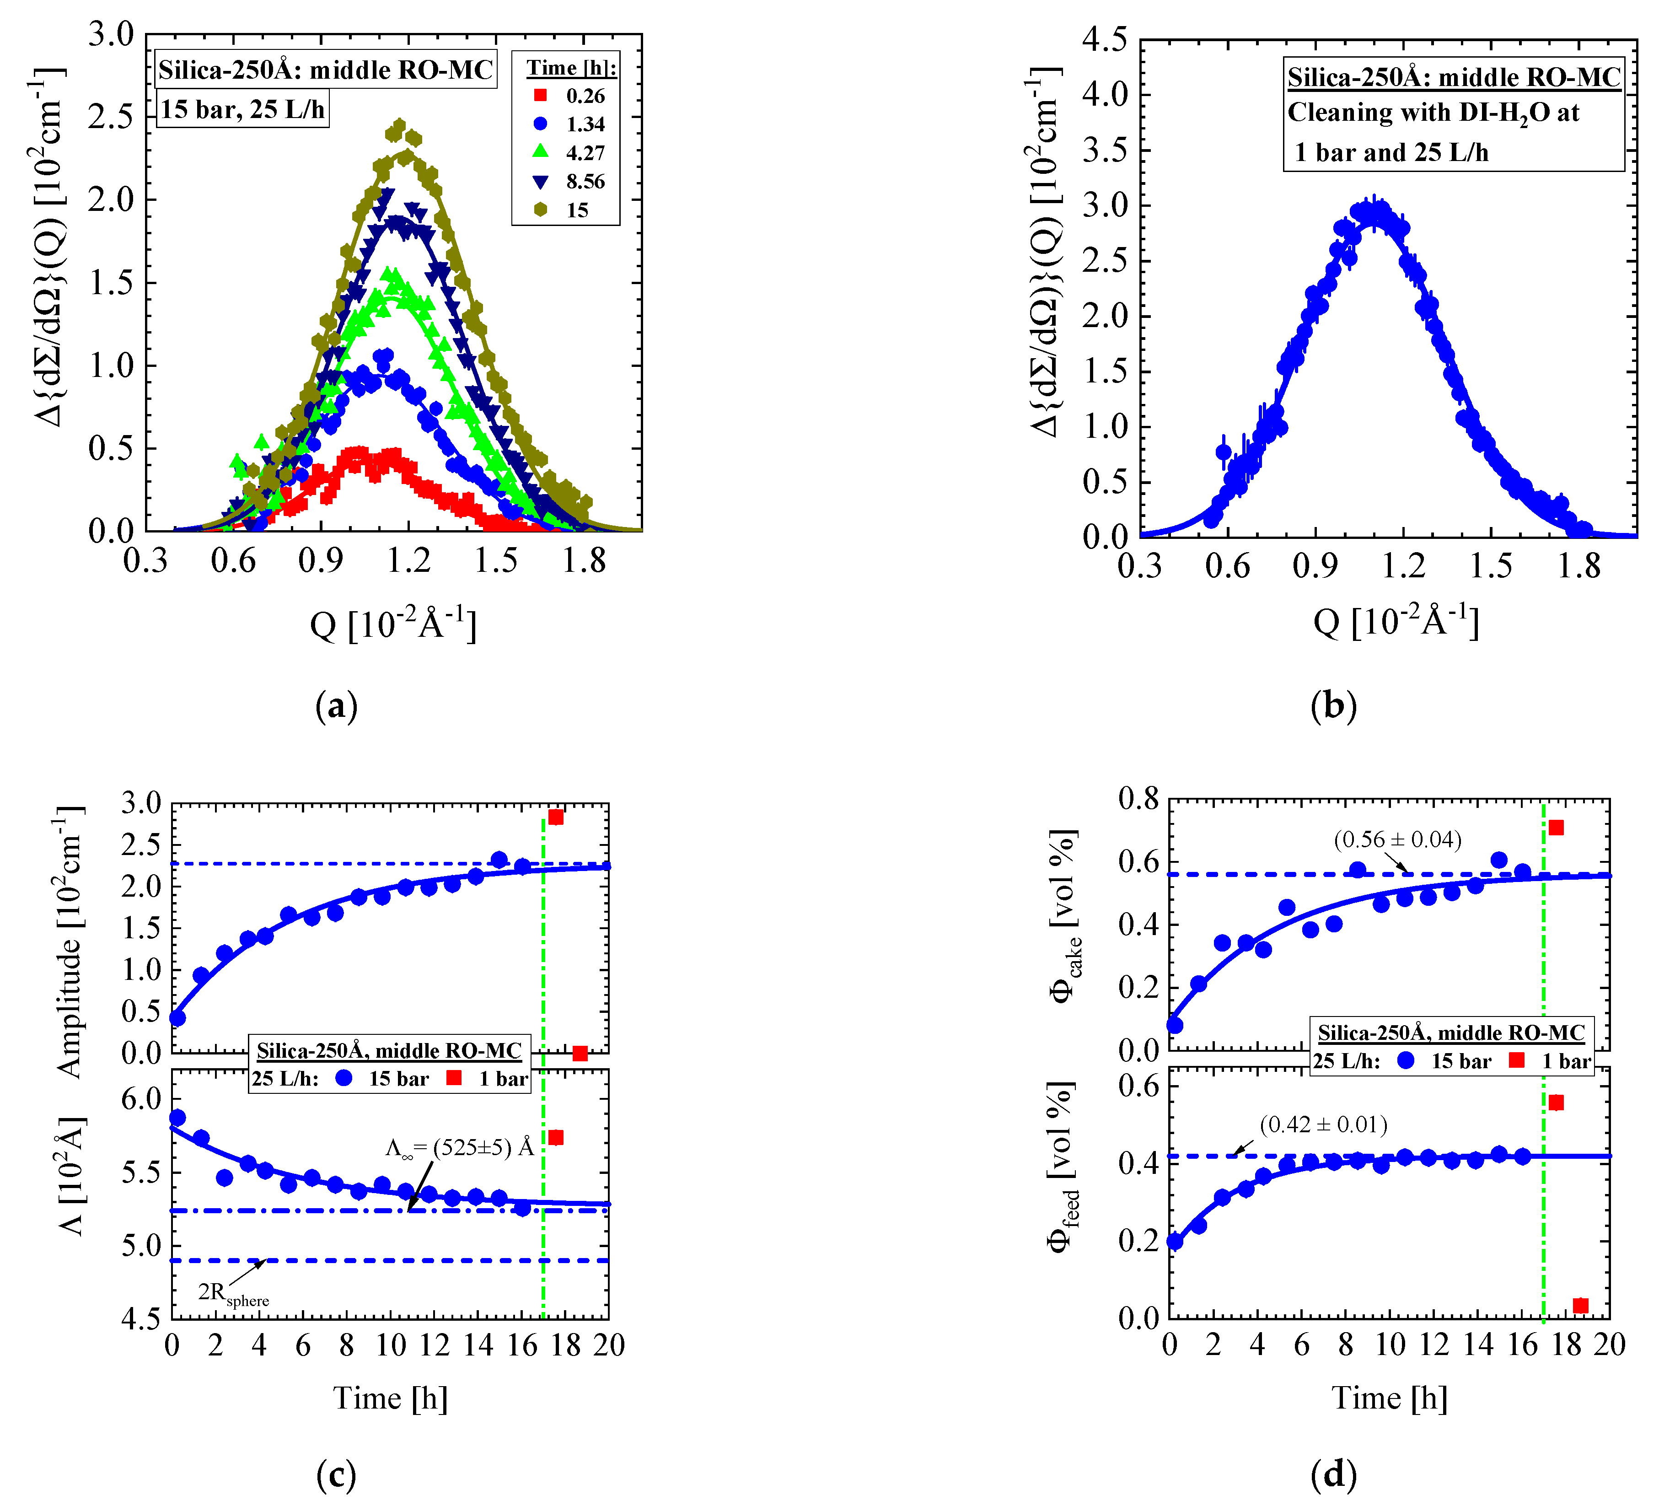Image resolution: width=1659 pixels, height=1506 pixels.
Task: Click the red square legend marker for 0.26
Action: point(540,96)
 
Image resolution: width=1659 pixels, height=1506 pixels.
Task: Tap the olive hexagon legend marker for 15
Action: point(540,210)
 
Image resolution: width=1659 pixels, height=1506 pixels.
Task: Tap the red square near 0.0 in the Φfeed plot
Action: point(1580,1305)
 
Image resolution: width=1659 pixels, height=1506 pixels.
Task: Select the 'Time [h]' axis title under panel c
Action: point(390,1398)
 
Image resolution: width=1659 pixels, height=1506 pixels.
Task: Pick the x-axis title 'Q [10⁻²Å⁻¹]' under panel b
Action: point(1396,620)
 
